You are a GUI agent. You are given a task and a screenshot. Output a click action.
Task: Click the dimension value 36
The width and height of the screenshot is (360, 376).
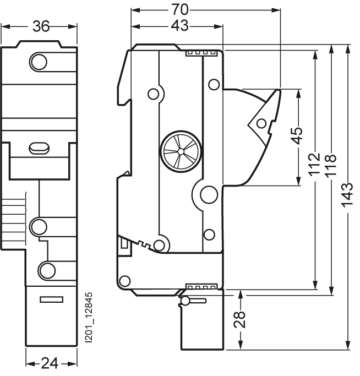(x=41, y=26)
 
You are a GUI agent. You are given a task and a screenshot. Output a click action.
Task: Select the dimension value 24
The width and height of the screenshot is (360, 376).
(x=50, y=363)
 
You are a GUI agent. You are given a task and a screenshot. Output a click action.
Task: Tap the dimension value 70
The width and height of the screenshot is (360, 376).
(x=180, y=10)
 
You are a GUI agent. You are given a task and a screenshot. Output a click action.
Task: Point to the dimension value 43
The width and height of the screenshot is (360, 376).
(x=180, y=25)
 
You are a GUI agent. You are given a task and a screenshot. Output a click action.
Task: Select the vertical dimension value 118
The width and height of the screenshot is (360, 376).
(x=331, y=166)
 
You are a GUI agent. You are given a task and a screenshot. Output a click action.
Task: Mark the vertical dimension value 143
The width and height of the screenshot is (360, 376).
(x=347, y=194)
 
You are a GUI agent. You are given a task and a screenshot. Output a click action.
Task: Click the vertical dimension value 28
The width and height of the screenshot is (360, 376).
(x=239, y=319)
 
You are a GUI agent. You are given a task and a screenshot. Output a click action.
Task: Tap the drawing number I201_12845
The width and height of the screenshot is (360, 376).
(x=89, y=317)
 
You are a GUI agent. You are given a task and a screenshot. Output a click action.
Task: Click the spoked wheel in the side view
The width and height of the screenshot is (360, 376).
(x=181, y=151)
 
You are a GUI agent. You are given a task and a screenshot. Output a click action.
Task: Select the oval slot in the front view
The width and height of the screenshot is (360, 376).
(x=39, y=148)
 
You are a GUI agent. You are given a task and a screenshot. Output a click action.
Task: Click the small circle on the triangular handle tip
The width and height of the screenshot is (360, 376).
(x=261, y=123)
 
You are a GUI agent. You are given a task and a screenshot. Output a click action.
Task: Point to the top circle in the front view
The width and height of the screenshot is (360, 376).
(x=38, y=62)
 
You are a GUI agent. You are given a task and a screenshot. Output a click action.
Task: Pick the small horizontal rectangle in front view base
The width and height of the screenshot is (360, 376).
(x=52, y=299)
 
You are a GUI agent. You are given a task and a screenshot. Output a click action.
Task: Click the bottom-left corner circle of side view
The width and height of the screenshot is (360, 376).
(x=125, y=281)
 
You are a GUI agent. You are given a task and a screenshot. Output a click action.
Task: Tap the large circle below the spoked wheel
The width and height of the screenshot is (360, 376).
(x=209, y=194)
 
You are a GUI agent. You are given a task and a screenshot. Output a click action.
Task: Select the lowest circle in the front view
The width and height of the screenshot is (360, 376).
(x=47, y=270)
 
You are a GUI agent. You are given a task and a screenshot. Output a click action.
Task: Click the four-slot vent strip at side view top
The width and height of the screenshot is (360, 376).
(x=201, y=53)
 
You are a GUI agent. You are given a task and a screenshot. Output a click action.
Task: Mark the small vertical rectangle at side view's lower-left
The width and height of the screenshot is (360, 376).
(x=124, y=243)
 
